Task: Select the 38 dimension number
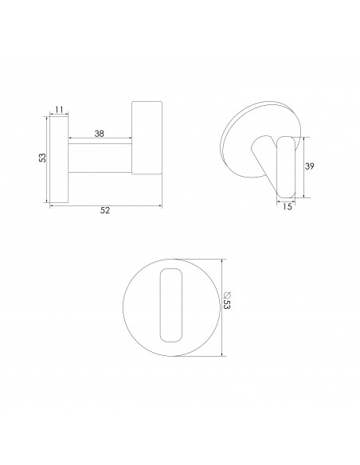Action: pos(100,134)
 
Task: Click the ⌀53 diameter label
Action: pos(230,306)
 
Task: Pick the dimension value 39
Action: pos(311,166)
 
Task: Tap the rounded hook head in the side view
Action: pos(147,137)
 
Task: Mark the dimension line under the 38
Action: pos(100,140)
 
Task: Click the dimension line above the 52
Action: pos(106,205)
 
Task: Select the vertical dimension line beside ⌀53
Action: pos(223,306)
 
